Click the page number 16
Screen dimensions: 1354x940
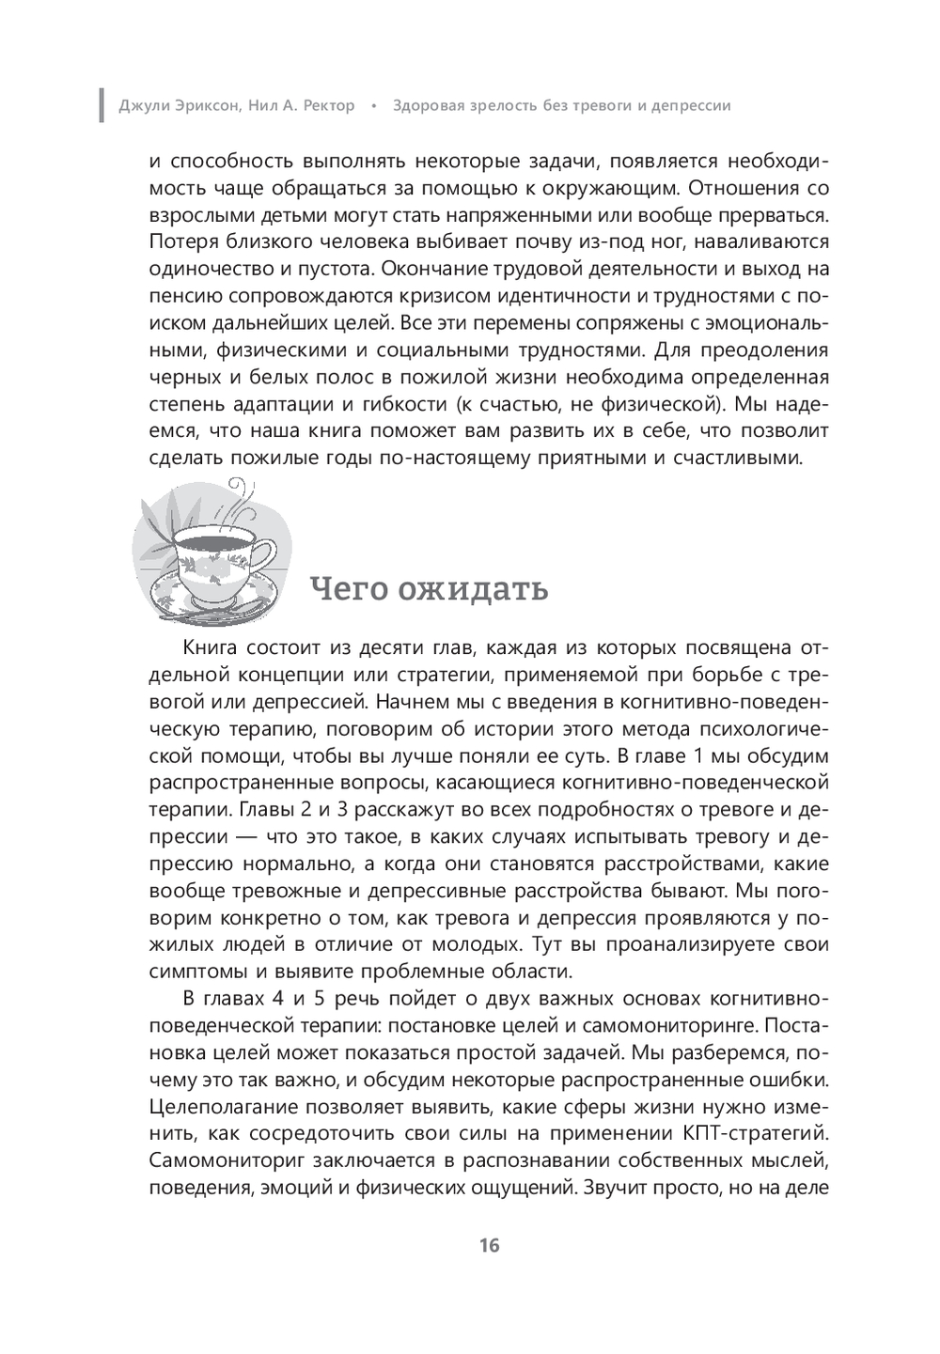tap(489, 1246)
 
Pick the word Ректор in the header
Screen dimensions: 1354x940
tap(324, 105)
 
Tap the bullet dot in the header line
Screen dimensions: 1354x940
tap(373, 105)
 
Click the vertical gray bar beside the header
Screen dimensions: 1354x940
tap(102, 105)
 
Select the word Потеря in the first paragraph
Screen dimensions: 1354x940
tap(182, 241)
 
